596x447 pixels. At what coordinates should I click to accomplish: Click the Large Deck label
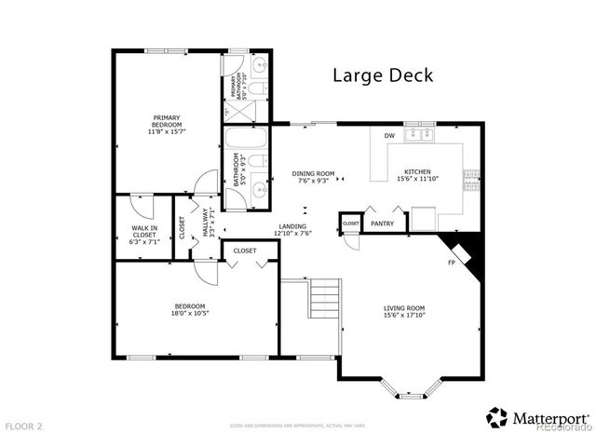click(383, 75)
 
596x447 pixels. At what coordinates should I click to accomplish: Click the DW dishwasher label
click(390, 137)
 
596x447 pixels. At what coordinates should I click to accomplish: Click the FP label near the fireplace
click(451, 263)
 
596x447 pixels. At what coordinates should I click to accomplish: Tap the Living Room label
click(404, 308)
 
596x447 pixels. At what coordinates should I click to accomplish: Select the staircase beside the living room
click(325, 301)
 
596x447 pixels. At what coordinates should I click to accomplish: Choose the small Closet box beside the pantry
click(350, 223)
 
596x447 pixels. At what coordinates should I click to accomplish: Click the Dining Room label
click(313, 173)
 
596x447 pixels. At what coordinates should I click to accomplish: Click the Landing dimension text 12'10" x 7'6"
click(292, 233)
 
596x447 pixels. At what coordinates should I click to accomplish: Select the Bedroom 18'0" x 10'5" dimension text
click(196, 313)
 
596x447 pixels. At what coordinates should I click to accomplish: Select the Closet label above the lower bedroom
click(245, 251)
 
